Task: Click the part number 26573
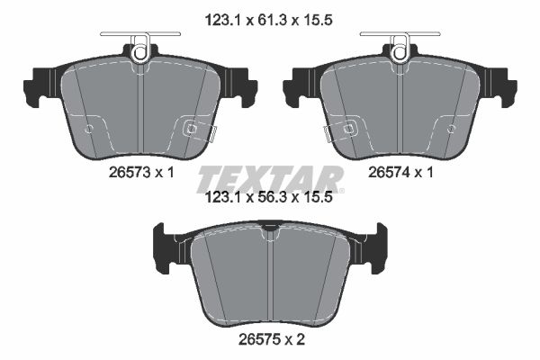[x=130, y=172]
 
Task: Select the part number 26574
[x=389, y=172]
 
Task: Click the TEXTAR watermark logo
[x=270, y=179]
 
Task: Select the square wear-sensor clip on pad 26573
[x=191, y=129]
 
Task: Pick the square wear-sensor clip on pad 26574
[x=349, y=129]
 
